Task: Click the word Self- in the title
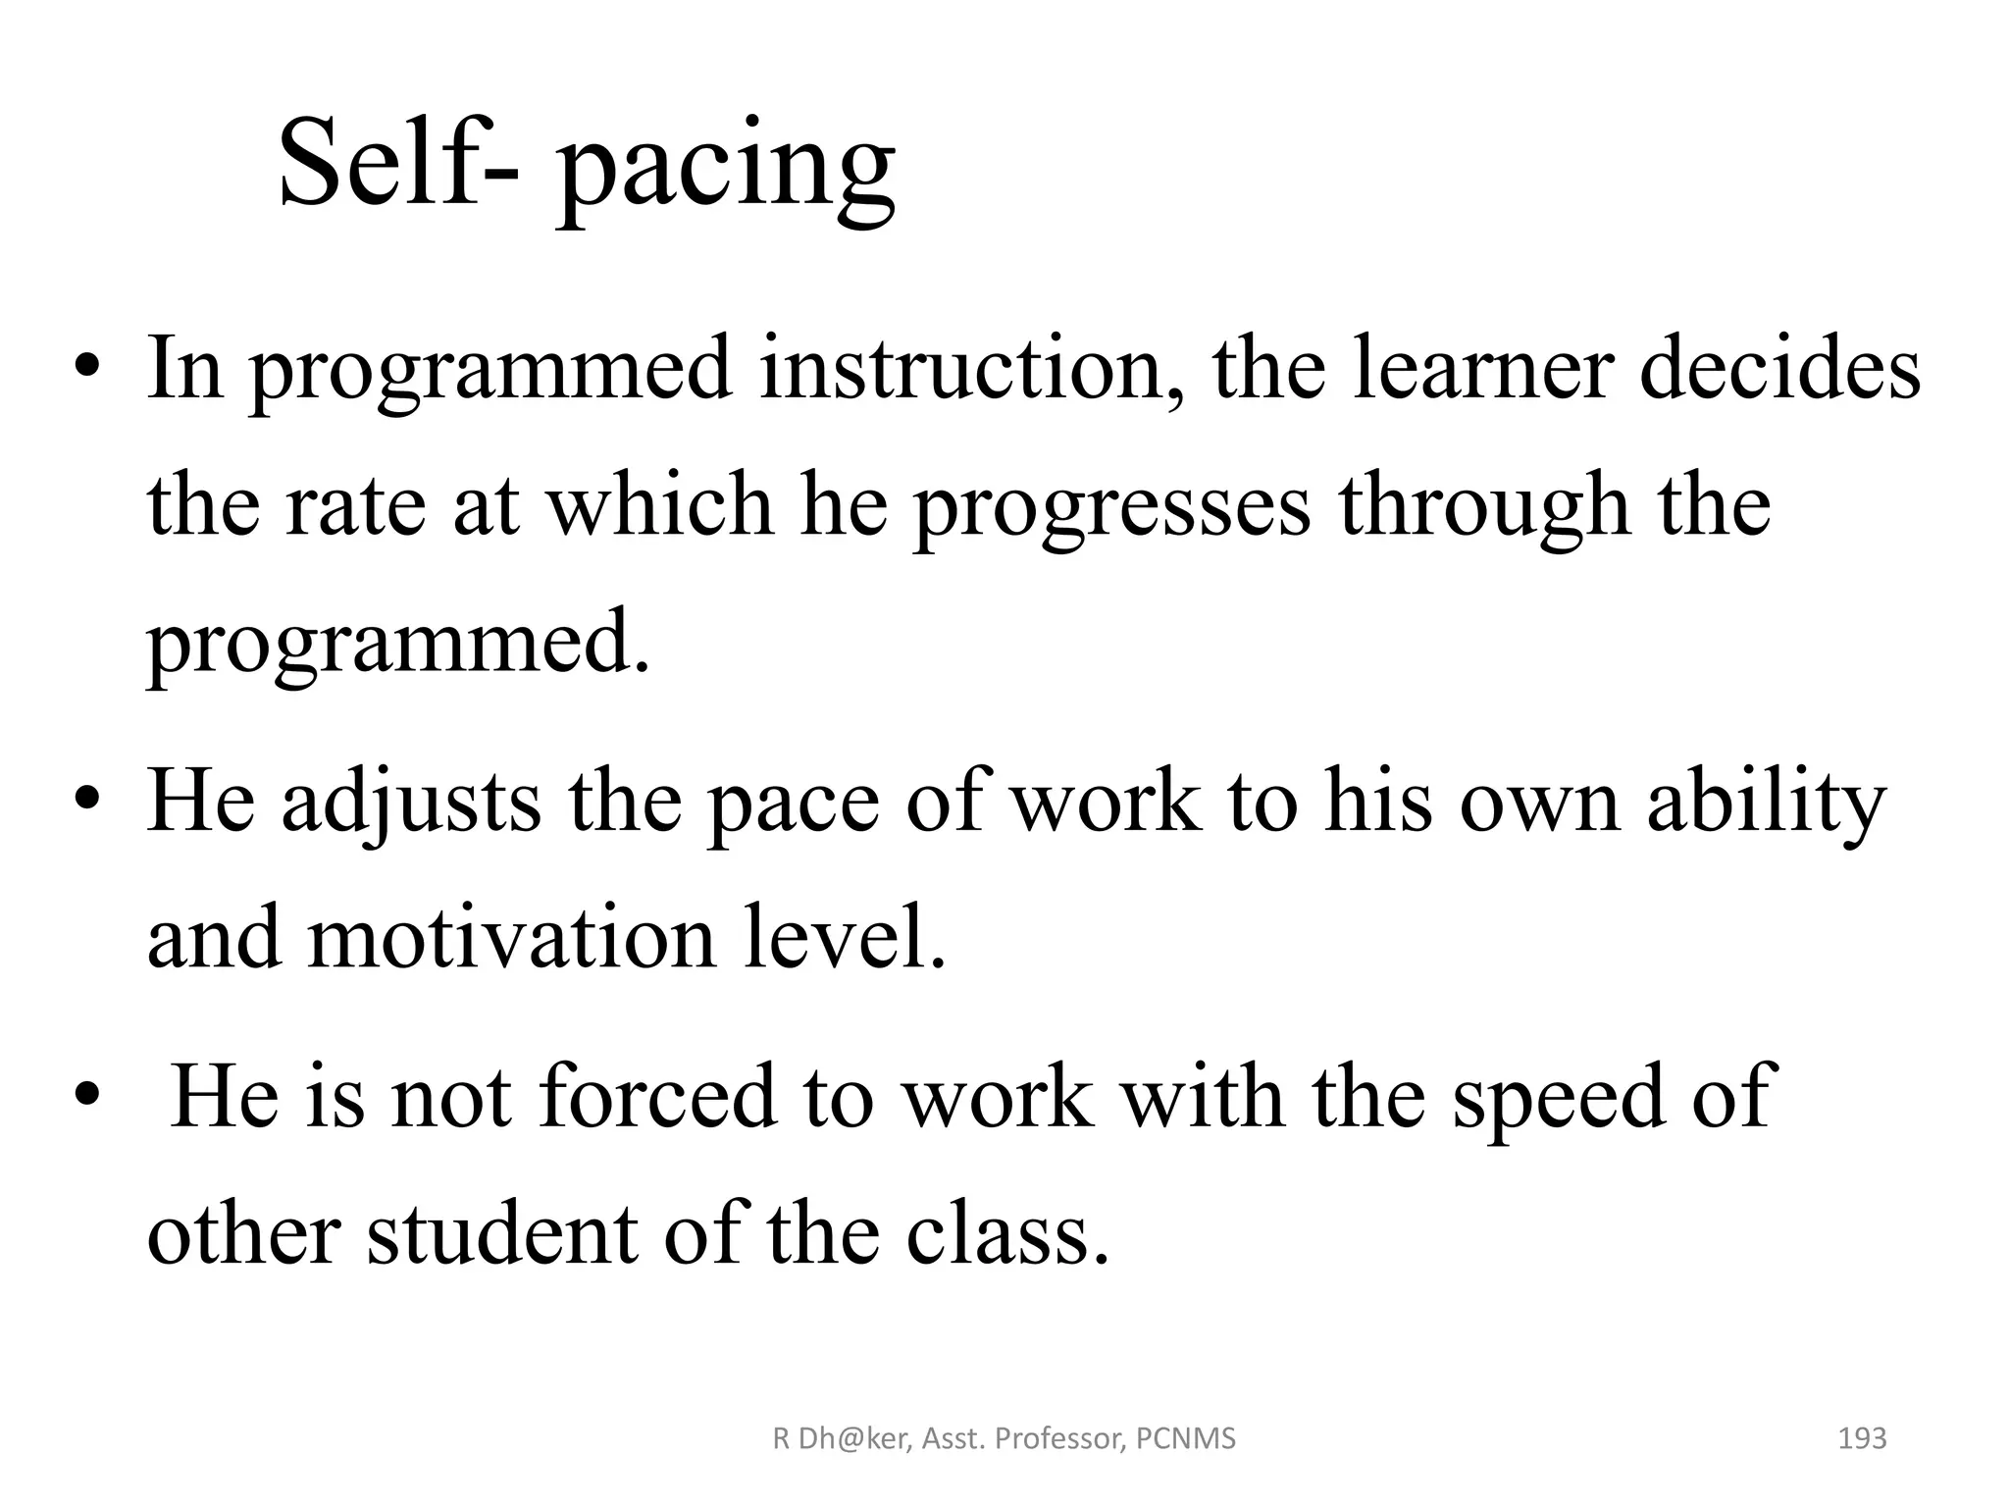pos(399,161)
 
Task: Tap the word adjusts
pos(411,803)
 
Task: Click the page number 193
pos(1861,1439)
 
